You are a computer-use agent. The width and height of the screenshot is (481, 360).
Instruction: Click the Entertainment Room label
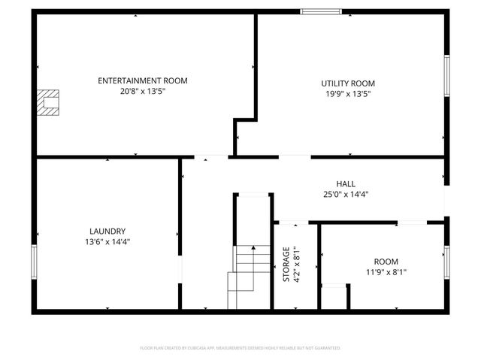click(x=143, y=80)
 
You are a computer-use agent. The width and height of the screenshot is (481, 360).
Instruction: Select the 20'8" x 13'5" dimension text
click(x=143, y=91)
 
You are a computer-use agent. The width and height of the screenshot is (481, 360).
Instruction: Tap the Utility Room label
click(x=348, y=83)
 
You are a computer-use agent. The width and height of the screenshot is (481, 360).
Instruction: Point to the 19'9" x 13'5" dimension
click(x=348, y=94)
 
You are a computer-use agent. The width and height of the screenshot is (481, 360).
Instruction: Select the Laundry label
click(x=107, y=231)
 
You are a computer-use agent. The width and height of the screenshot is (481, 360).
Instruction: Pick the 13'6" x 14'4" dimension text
click(x=107, y=242)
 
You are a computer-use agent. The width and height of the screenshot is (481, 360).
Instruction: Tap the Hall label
click(x=346, y=183)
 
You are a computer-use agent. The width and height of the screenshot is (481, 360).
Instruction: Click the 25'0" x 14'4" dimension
click(x=346, y=194)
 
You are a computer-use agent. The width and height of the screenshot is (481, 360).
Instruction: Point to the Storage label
click(x=286, y=264)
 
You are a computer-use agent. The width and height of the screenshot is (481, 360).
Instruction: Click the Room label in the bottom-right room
click(x=386, y=262)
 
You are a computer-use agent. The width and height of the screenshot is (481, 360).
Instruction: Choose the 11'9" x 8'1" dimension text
click(x=386, y=272)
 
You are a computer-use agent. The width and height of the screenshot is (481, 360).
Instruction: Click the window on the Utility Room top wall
click(x=322, y=11)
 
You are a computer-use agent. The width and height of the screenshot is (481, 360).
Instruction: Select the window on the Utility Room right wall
click(x=446, y=76)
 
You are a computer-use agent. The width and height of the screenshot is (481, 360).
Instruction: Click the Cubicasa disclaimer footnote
click(x=240, y=348)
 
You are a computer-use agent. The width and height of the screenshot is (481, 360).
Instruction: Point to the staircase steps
click(x=251, y=274)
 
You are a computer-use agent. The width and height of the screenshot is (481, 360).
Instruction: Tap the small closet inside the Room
click(x=335, y=296)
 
